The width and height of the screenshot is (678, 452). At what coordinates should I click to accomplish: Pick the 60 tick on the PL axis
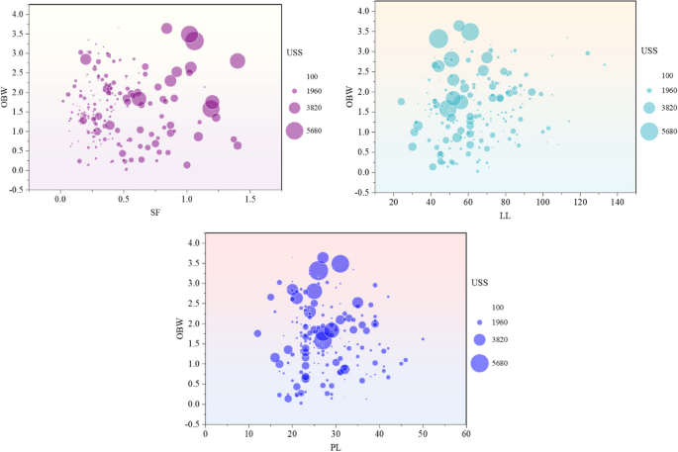pyautogui.click(x=466, y=433)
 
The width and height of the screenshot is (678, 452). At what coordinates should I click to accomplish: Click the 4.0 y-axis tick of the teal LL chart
pyautogui.click(x=362, y=11)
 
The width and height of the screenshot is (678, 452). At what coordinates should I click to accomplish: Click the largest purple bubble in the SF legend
pyautogui.click(x=295, y=131)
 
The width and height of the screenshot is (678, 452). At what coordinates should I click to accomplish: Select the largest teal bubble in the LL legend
pyautogui.click(x=648, y=131)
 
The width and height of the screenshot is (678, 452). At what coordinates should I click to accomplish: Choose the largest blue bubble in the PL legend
pyautogui.click(x=479, y=363)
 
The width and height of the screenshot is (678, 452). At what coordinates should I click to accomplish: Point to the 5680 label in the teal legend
pyautogui.click(x=669, y=131)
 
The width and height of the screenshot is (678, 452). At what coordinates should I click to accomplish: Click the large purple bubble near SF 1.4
pyautogui.click(x=238, y=60)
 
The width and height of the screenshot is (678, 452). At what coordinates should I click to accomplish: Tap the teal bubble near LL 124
pyautogui.click(x=587, y=53)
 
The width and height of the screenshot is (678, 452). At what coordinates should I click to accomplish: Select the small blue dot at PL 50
pyautogui.click(x=423, y=339)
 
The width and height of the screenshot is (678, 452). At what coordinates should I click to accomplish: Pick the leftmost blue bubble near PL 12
pyautogui.click(x=257, y=333)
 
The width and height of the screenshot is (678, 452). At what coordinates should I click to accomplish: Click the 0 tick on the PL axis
pyautogui.click(x=205, y=433)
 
